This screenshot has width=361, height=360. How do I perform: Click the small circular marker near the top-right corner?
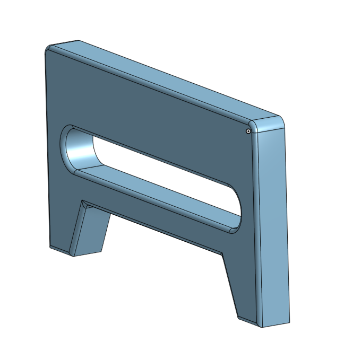click(248, 130)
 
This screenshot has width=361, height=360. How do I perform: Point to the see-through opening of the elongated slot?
click(159, 170)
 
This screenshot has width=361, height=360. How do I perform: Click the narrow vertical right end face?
click(273, 223)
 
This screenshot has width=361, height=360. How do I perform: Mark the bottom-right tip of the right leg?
click(261, 326)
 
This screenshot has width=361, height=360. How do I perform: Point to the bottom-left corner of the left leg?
click(50, 247)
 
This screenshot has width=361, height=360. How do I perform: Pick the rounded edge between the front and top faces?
click(159, 87)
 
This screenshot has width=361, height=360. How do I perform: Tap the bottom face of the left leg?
click(88, 253)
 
